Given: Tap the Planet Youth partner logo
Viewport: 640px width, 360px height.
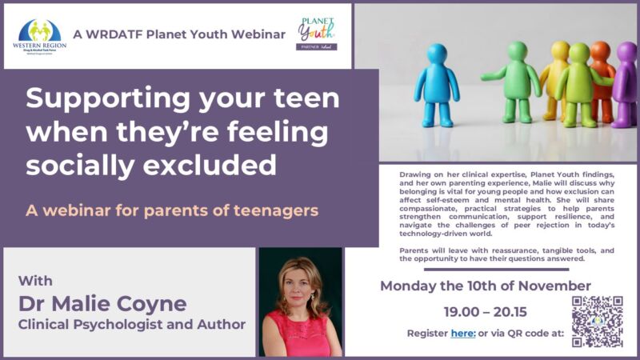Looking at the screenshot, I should (317, 34).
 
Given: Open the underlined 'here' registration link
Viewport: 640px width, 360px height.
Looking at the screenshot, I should (462, 333).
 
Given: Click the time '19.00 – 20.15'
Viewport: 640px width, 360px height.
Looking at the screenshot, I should (486, 311).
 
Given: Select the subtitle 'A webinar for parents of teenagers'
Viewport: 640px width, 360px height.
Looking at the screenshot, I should (172, 211).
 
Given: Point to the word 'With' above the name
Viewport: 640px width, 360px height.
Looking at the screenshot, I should (35, 281).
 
